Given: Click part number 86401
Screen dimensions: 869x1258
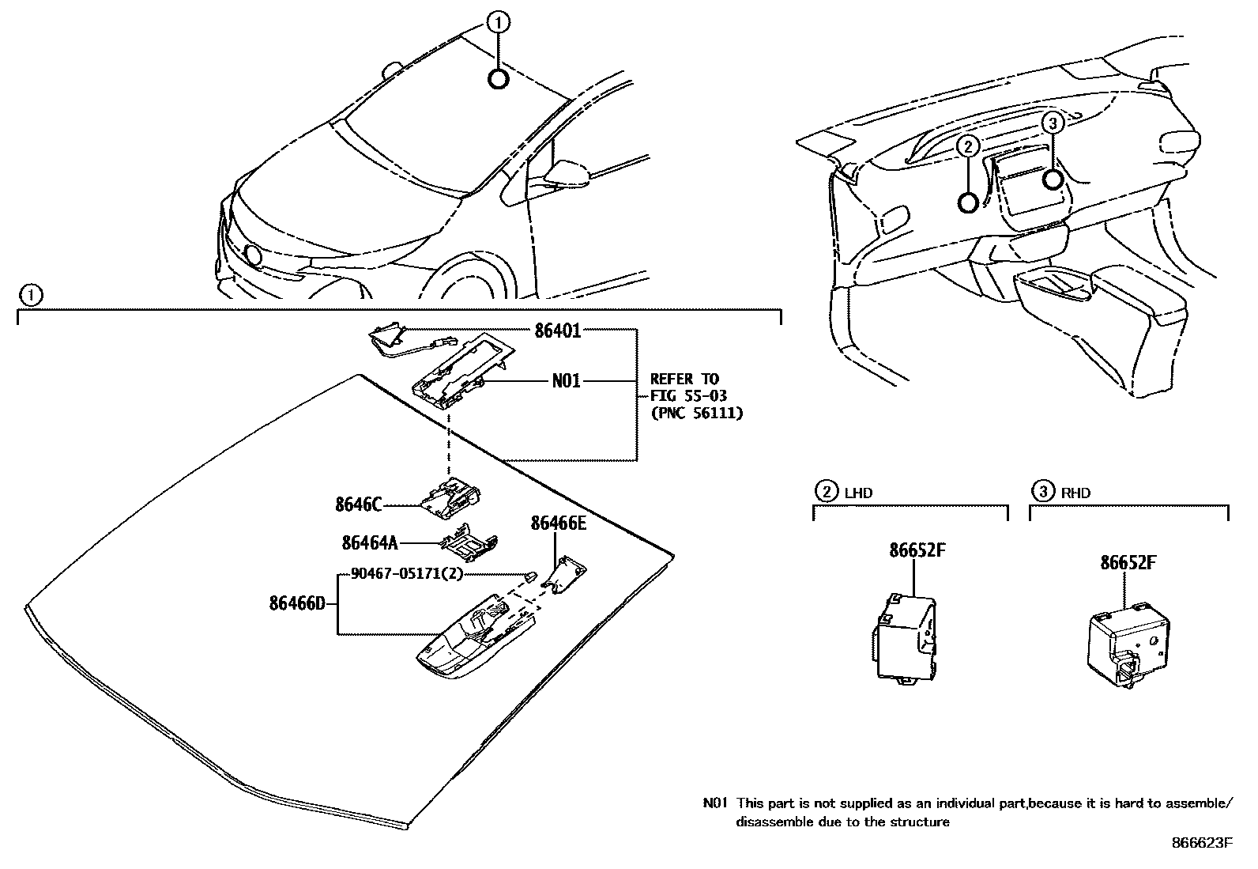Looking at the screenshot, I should point(557,331).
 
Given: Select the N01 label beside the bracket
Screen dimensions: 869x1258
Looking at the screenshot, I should point(566,381).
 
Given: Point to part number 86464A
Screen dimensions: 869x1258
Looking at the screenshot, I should point(369,542).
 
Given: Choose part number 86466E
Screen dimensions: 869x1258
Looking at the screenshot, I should point(559,523).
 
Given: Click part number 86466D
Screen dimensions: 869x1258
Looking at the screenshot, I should point(297,603).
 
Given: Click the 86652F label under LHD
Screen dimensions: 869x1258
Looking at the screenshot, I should point(917,550).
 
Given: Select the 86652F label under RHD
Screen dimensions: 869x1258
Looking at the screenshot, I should point(1128,563).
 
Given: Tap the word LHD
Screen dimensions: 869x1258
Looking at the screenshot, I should point(858,493).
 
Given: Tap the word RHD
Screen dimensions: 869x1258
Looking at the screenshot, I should point(1075,493).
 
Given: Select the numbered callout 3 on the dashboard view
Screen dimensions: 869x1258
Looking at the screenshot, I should point(1052,123).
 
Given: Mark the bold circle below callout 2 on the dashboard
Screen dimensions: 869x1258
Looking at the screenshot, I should point(968,203).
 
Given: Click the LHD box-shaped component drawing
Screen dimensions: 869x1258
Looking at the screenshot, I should point(904,637).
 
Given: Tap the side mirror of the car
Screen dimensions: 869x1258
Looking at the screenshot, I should point(568,172).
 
